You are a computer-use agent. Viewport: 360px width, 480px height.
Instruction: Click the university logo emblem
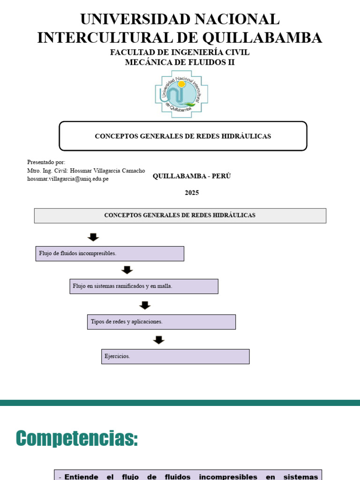click(x=181, y=94)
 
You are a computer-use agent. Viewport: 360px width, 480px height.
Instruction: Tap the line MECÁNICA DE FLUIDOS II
click(x=180, y=62)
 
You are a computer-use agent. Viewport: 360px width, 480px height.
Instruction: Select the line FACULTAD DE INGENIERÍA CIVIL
click(x=180, y=52)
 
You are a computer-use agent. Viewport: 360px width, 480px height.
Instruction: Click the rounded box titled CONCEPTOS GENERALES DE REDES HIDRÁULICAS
click(x=183, y=136)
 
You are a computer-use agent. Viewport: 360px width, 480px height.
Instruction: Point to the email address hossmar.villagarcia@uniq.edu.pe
click(x=68, y=179)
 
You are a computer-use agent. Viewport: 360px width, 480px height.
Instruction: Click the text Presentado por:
click(x=46, y=162)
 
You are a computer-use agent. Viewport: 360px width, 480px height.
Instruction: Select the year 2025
click(x=192, y=193)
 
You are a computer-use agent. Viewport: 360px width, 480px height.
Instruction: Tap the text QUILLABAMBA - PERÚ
click(x=192, y=176)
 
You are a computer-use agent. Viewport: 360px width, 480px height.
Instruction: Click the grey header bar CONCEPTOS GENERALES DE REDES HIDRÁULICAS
click(x=180, y=216)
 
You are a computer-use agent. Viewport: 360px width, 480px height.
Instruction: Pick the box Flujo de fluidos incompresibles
click(x=110, y=254)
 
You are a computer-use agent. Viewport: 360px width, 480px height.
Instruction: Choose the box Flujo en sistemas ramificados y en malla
click(x=144, y=286)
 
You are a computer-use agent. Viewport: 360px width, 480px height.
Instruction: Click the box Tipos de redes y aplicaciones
click(x=161, y=322)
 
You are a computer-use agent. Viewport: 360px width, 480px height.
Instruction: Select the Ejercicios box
click(x=175, y=357)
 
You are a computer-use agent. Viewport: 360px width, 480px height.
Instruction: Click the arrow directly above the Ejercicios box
click(x=159, y=340)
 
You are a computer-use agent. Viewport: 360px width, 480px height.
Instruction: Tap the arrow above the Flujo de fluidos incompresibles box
click(x=93, y=237)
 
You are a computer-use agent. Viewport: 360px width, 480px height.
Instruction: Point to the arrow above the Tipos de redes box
click(x=145, y=305)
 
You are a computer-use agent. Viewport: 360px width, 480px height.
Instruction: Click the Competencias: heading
click(x=77, y=439)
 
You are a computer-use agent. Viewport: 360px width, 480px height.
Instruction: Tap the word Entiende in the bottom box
click(x=81, y=477)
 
